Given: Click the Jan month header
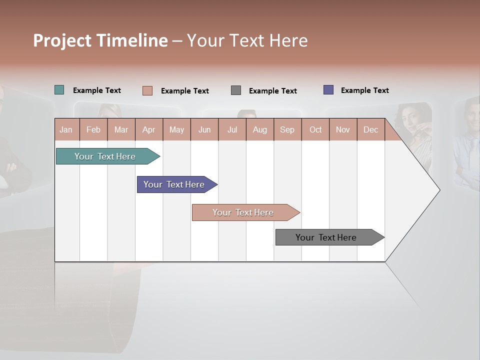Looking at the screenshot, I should tap(66, 129).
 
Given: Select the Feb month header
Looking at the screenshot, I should tap(93, 129).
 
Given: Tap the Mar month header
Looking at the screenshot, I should tap(121, 129).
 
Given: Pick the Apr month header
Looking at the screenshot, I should tap(149, 129).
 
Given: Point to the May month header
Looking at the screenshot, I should tap(176, 129).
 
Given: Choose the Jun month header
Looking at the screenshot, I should tap(204, 129).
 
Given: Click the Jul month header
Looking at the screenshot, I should tap(232, 129).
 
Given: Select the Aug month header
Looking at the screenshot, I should tap(260, 129).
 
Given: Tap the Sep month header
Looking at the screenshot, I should tap(287, 129).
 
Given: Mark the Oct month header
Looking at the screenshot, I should tap(315, 129).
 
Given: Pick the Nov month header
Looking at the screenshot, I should tap(343, 129).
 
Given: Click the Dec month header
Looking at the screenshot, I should tap(371, 129).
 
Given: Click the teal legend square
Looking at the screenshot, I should tap(59, 90).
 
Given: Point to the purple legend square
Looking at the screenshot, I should tap(328, 90).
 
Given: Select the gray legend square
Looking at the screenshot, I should tap(236, 90).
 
